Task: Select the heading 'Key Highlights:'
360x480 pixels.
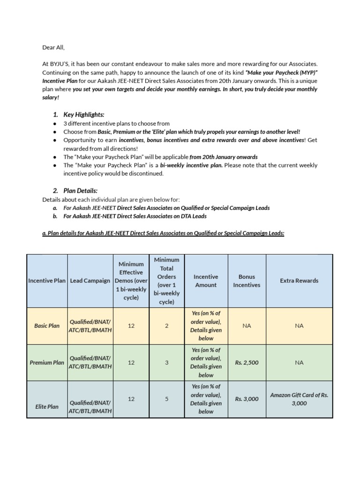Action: [x=84, y=114]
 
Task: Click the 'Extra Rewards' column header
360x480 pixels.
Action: [x=299, y=281]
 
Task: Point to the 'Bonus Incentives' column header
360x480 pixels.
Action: [x=247, y=281]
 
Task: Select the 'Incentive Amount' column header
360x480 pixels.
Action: [x=206, y=281]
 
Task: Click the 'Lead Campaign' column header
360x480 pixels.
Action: [x=90, y=281]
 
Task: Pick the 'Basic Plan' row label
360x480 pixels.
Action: [x=47, y=326]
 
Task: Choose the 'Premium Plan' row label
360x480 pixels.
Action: [x=47, y=362]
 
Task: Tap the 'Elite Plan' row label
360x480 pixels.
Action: [x=47, y=406]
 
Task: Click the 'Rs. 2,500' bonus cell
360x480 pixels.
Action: [x=247, y=362]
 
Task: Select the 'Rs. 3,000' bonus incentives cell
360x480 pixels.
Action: [x=247, y=399]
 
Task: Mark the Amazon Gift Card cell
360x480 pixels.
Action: [x=299, y=399]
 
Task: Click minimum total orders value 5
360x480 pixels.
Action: [x=167, y=399]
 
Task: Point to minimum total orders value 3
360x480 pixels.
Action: [x=167, y=362]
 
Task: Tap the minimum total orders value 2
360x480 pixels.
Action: [x=167, y=326]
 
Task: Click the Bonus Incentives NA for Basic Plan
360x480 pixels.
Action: [x=247, y=326]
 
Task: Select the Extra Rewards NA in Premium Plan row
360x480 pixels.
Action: [x=299, y=362]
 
